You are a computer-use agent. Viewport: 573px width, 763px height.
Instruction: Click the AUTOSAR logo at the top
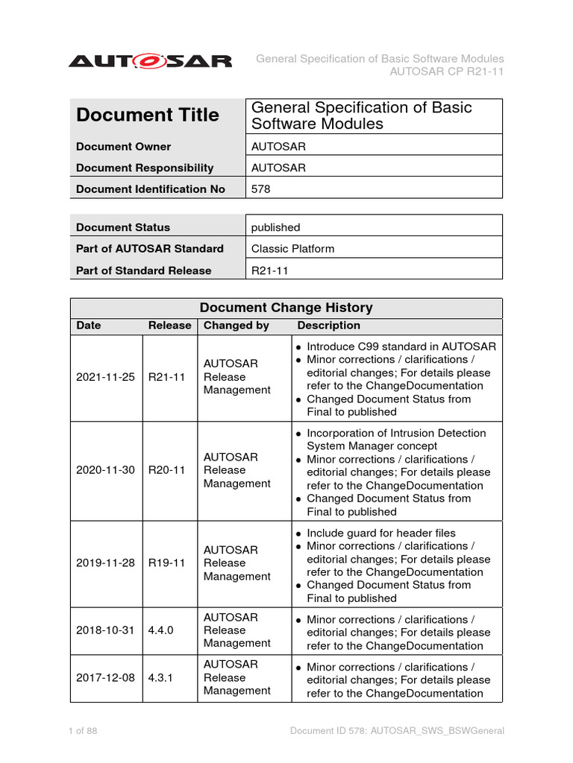click(x=150, y=61)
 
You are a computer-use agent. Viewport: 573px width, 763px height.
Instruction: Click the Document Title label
click(x=148, y=115)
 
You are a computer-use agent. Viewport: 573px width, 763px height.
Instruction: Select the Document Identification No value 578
click(x=260, y=189)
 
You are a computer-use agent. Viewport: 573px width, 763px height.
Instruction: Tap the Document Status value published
click(x=275, y=227)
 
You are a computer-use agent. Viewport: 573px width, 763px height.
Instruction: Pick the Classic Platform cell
click(x=292, y=249)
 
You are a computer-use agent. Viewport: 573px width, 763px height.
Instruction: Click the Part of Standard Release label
click(x=143, y=270)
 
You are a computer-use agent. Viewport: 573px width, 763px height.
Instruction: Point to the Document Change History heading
click(x=286, y=308)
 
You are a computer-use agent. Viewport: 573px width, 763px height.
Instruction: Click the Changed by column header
click(x=237, y=326)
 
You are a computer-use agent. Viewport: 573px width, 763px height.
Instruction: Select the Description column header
click(x=328, y=326)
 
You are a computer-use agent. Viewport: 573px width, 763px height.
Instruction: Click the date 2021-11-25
click(x=105, y=377)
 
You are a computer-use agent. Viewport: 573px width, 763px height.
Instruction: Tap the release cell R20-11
click(x=166, y=470)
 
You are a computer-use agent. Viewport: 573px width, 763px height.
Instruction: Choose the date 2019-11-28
click(x=105, y=563)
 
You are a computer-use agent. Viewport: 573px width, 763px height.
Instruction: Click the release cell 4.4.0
click(x=161, y=630)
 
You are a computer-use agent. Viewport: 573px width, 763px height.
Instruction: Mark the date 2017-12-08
click(x=105, y=677)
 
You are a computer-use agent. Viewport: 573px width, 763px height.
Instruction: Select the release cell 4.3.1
click(x=161, y=677)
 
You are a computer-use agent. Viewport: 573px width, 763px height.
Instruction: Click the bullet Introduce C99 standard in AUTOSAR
click(x=401, y=346)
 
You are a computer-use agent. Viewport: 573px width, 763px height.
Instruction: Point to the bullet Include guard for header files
click(x=391, y=533)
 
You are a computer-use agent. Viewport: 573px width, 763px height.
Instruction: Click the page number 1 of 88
click(x=83, y=731)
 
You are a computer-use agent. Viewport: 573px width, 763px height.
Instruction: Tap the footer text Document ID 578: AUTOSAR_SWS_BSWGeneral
click(x=397, y=731)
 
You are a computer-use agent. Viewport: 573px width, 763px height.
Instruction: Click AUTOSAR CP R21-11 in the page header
click(x=447, y=72)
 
